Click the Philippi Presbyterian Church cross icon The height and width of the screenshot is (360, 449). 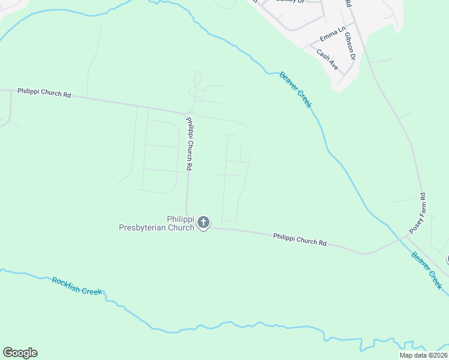pyautogui.click(x=203, y=223)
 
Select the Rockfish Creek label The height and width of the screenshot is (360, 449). pyautogui.click(x=77, y=286)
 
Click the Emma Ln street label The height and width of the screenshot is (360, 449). pyautogui.click(x=334, y=29)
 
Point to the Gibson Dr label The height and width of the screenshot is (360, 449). pyautogui.click(x=350, y=46)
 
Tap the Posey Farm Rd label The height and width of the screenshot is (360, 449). pyautogui.click(x=417, y=213)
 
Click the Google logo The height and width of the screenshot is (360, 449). pyautogui.click(x=20, y=353)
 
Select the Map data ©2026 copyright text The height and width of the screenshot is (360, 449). pyautogui.click(x=423, y=355)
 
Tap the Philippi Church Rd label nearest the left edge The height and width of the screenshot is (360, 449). pyautogui.click(x=44, y=92)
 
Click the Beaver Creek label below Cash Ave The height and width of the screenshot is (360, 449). pyautogui.click(x=295, y=90)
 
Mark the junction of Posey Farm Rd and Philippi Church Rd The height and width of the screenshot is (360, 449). pyautogui.click(x=406, y=236)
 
